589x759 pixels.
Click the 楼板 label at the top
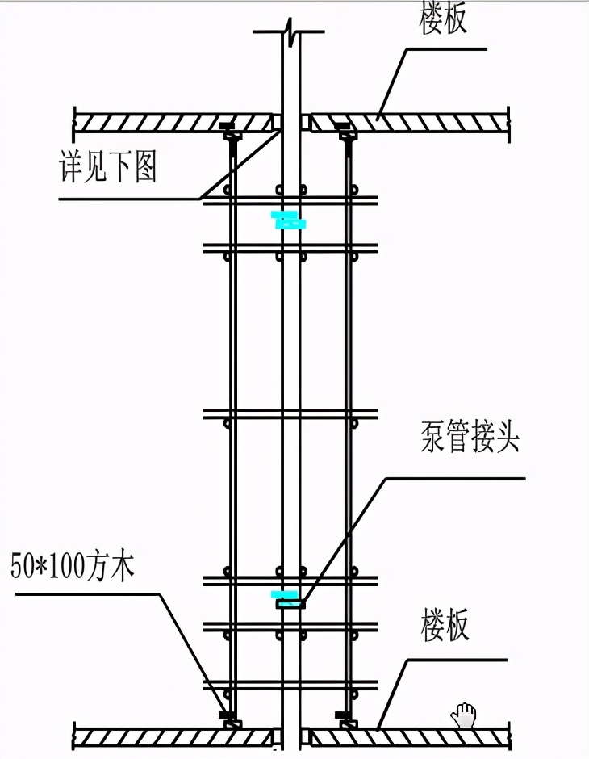(443, 19)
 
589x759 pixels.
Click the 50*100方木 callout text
(73, 566)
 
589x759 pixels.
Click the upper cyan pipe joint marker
(289, 220)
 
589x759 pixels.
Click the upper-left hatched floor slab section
(173, 123)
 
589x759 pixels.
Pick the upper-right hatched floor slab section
(407, 123)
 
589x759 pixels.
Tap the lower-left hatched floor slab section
(173, 737)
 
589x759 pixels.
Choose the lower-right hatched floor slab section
(407, 737)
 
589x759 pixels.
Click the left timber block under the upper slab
(230, 130)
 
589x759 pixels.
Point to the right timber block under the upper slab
(346, 130)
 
